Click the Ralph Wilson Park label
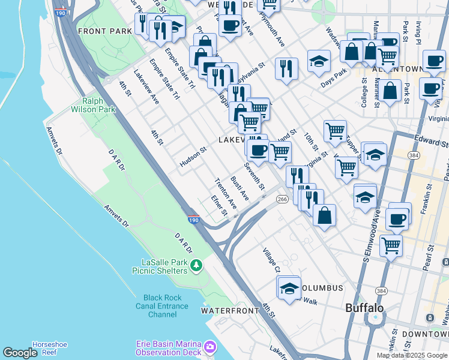tap(92, 105)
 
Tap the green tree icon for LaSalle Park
tap(195, 265)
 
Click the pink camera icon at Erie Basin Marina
tap(209, 347)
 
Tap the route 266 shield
tap(283, 199)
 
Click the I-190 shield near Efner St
tap(193, 220)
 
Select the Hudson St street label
tap(193, 157)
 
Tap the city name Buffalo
tap(364, 308)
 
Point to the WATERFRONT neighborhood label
tap(225, 311)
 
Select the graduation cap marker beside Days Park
tap(319, 61)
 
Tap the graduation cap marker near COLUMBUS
tap(289, 287)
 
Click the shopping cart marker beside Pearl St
tap(391, 244)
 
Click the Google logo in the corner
tap(20, 353)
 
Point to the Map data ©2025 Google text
tap(412, 355)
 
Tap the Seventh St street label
tap(254, 176)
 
